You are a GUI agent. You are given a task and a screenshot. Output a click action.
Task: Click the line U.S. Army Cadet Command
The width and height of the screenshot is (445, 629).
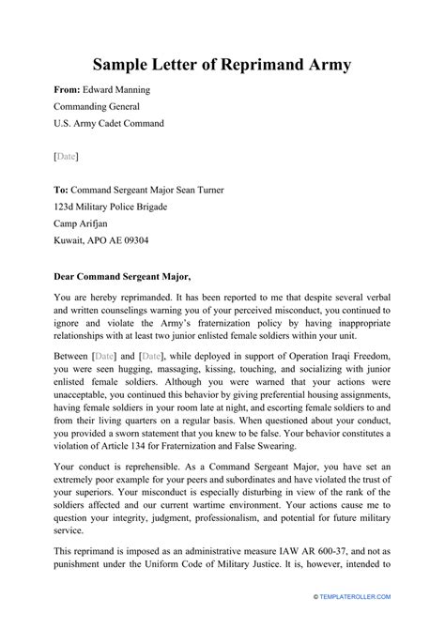109,123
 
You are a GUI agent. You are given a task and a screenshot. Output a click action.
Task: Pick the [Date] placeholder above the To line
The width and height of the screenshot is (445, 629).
66,155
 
